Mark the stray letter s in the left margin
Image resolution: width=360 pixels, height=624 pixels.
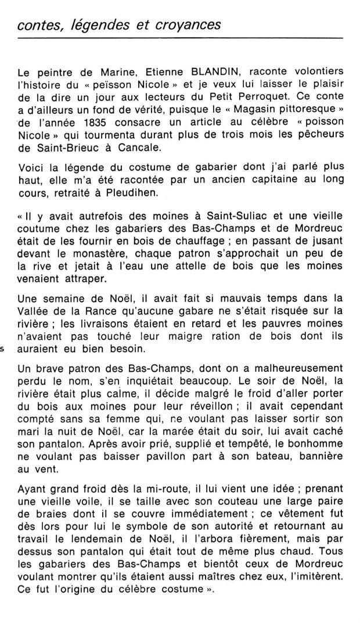[2, 349]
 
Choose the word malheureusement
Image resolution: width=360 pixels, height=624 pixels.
[296, 370]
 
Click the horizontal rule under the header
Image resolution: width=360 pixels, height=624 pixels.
[180, 39]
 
